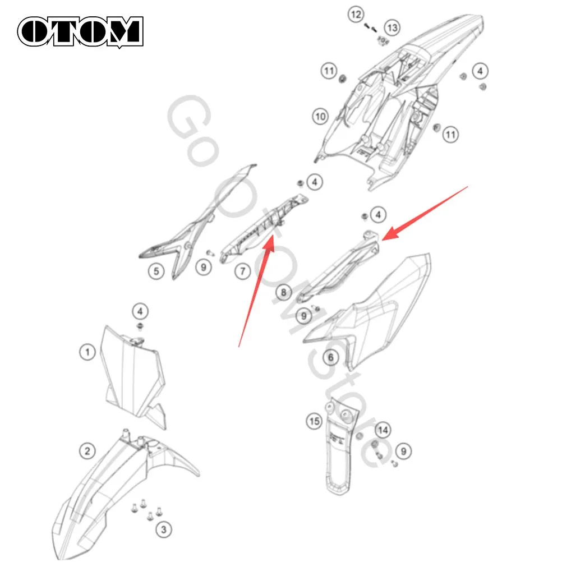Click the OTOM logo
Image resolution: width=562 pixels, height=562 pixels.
[80, 31]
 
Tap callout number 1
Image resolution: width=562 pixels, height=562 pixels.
[87, 352]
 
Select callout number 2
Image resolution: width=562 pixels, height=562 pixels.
[87, 451]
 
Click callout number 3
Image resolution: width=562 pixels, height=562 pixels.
[164, 529]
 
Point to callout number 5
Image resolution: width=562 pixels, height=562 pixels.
[156, 271]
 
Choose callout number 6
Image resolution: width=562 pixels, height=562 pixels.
[330, 357]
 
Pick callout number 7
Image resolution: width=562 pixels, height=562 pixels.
[243, 271]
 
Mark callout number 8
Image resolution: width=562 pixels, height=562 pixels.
[283, 292]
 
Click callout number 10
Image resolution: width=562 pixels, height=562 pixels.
[320, 116]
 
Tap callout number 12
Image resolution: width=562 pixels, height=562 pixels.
[356, 15]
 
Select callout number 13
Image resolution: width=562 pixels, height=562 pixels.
[392, 27]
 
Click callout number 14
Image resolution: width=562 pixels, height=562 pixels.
[383, 430]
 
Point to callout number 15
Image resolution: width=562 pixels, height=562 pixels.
[314, 421]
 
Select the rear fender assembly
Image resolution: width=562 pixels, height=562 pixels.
[398, 104]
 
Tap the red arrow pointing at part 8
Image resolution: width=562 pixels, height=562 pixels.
[425, 213]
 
